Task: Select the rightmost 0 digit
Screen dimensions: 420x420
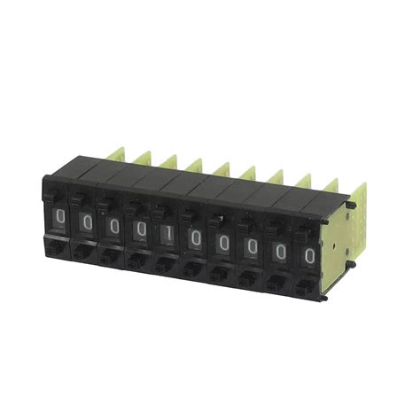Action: coord(309,256)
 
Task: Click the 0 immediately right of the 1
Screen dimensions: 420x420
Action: coord(195,238)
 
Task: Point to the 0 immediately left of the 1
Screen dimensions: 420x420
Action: coord(142,229)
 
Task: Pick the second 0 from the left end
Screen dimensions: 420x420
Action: coord(87,222)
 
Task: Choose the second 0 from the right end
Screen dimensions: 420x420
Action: coord(280,251)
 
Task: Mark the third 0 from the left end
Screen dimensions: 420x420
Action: coord(114,226)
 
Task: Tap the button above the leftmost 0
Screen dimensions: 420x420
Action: coord(55,193)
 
